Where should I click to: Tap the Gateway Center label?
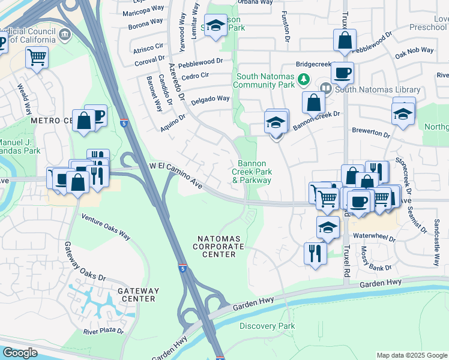(x=139, y=294)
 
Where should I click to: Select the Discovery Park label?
(x=267, y=326)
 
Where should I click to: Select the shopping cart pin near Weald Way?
(x=37, y=58)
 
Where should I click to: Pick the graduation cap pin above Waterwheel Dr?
(x=328, y=227)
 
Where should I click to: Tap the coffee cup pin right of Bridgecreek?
(x=342, y=73)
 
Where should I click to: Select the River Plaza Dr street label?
(x=103, y=331)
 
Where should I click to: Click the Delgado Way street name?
(x=210, y=99)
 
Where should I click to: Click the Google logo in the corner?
(x=20, y=353)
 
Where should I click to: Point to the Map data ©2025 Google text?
(x=412, y=355)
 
